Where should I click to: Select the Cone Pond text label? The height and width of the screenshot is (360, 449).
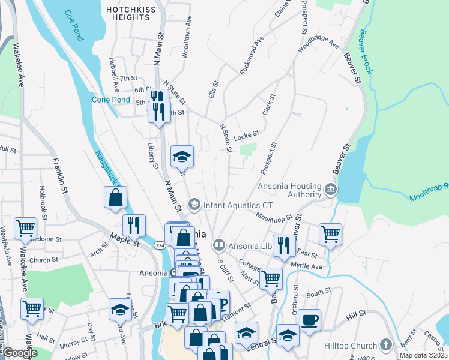110,100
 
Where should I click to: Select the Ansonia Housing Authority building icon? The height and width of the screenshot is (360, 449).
330,190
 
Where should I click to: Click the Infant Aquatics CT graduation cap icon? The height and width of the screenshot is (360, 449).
194,205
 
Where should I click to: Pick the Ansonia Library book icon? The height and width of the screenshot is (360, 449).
219,245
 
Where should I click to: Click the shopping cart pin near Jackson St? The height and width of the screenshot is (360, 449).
25,228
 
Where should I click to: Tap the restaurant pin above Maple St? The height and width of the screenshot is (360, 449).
134,225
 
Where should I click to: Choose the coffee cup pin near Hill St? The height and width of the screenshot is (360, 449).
309,320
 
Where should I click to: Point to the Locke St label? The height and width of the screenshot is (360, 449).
246,135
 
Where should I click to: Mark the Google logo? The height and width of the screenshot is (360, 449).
20,353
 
